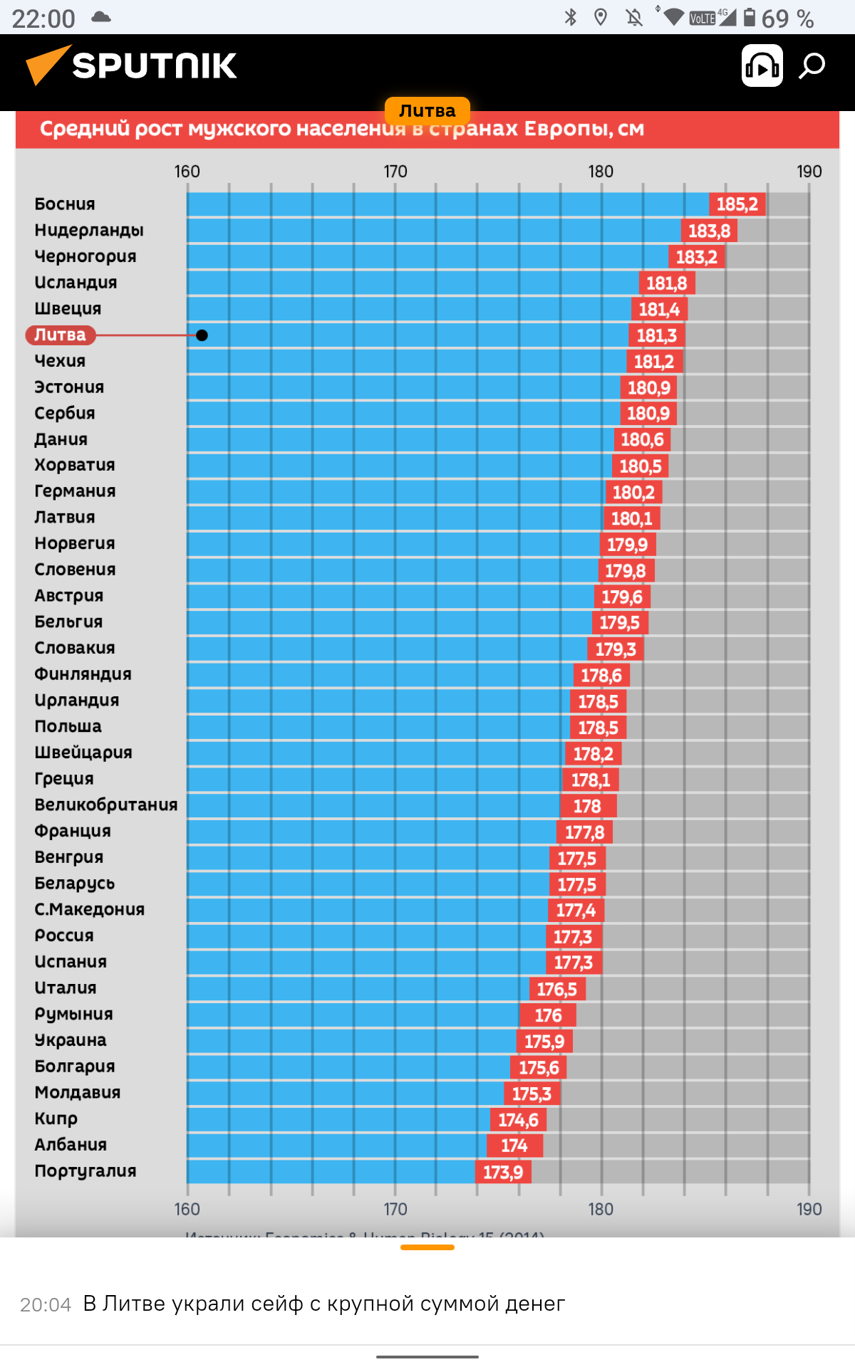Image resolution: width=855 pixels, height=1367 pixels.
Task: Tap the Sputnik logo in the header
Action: pos(132,66)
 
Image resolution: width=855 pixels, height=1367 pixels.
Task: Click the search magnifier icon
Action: pos(812,66)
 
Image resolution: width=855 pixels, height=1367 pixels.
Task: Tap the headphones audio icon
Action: pos(762,66)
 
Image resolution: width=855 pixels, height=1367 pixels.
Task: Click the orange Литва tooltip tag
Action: pos(427,110)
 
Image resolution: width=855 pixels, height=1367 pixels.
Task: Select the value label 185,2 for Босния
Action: pos(737,204)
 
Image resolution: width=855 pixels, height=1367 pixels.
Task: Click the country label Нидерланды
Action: pos(89,231)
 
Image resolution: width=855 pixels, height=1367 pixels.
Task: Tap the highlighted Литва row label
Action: pos(60,335)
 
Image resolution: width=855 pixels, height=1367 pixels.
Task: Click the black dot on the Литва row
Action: pos(202,335)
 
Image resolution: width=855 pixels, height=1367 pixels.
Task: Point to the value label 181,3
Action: pos(656,335)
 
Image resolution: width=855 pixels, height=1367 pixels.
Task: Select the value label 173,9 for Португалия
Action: pos(503,1172)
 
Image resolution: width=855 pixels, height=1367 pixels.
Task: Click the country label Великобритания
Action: pos(106,805)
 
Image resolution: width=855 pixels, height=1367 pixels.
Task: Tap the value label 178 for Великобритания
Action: pos(587,806)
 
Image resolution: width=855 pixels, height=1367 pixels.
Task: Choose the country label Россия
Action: pos(64,936)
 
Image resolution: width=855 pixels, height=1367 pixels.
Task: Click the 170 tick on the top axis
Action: pos(395,172)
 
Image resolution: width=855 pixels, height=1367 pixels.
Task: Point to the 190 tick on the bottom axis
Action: pos(809,1209)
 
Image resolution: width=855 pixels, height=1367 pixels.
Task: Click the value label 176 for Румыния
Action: pos(548,1015)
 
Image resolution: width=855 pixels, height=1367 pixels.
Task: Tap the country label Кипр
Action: pos(56,1119)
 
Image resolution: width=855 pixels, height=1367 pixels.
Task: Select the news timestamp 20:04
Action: pos(46,1304)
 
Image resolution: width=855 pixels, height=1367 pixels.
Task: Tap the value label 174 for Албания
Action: pos(514,1146)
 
